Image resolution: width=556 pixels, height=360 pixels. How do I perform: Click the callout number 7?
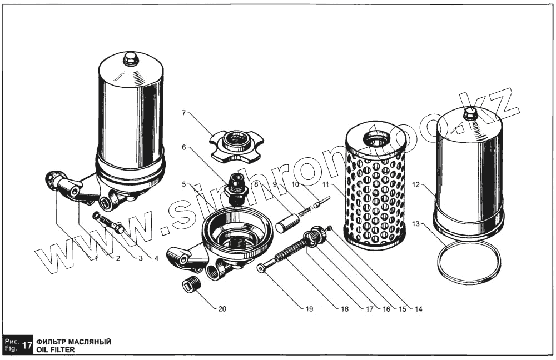pos(184,113)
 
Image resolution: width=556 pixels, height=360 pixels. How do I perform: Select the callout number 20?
pos(222,309)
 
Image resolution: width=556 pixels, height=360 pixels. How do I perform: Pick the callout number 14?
pos(419,309)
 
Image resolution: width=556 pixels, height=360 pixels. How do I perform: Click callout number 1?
pos(96,258)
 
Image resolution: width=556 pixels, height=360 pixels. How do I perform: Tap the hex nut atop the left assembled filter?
pos(131,58)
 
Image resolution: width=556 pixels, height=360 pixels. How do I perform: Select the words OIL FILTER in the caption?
pos(55,350)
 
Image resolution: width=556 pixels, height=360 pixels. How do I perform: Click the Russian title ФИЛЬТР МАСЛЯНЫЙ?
pos(73,342)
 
